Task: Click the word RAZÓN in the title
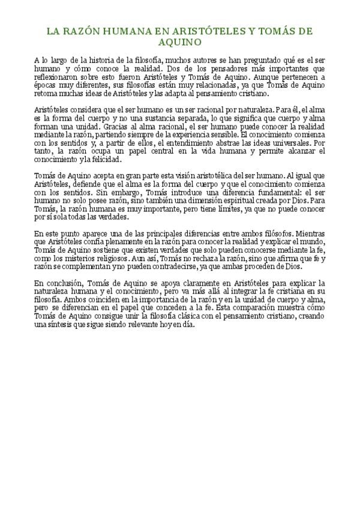81,32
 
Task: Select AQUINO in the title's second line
179,43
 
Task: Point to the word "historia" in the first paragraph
97,60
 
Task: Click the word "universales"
292,145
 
